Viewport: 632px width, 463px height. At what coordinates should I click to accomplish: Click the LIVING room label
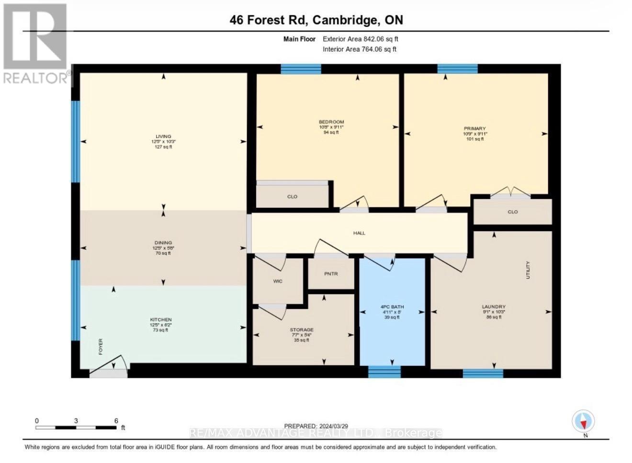click(163, 136)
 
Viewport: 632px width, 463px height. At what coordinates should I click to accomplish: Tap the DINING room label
click(163, 243)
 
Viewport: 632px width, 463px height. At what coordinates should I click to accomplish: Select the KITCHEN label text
click(161, 319)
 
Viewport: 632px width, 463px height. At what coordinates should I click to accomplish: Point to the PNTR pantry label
click(331, 274)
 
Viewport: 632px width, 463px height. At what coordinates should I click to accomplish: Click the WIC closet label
click(278, 281)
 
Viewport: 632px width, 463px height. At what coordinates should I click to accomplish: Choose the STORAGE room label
click(302, 329)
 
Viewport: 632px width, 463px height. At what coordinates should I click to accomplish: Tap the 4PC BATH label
click(392, 307)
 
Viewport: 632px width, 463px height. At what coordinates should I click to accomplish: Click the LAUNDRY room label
click(494, 307)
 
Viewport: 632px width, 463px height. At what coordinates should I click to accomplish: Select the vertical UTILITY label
click(528, 270)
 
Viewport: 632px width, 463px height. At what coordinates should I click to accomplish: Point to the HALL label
click(359, 233)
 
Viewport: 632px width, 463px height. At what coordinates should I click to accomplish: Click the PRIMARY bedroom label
click(474, 128)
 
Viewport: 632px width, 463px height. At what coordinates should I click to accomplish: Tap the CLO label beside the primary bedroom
click(513, 212)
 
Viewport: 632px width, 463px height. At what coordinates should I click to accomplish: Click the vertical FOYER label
click(101, 346)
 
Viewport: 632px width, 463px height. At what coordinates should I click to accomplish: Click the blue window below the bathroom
click(384, 372)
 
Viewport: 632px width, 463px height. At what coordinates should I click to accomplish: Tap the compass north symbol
click(583, 422)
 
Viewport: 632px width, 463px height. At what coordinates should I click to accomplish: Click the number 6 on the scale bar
click(116, 421)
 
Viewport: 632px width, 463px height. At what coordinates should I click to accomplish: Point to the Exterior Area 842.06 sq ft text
click(361, 39)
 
